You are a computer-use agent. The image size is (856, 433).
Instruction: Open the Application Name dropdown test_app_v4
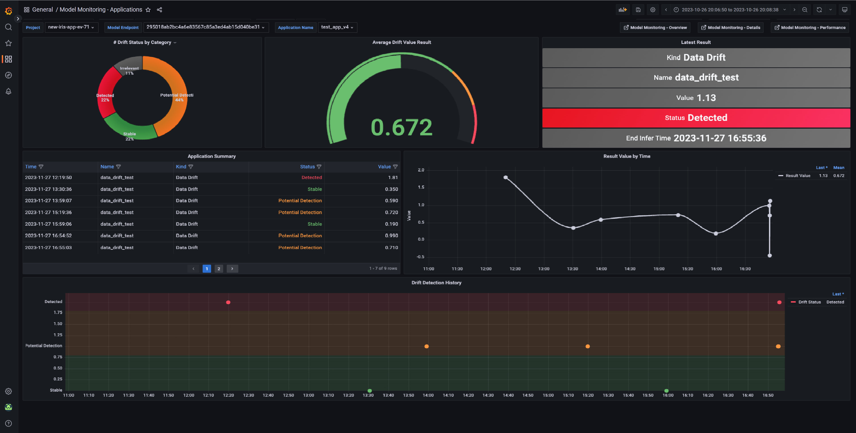(337, 27)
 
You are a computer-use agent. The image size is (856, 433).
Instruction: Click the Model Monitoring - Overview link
(655, 28)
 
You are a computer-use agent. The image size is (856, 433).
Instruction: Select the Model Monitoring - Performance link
(810, 28)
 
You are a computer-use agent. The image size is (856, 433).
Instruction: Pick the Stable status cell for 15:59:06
(314, 224)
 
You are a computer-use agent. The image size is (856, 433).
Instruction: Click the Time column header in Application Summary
(31, 167)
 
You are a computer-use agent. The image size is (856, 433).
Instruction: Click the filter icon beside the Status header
(319, 167)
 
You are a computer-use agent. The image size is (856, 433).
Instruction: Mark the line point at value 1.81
(505, 177)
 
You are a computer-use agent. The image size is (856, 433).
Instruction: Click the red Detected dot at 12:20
(228, 302)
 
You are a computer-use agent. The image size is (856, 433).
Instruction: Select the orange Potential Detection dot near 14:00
(426, 346)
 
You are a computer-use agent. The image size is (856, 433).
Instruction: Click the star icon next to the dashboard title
(148, 10)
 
